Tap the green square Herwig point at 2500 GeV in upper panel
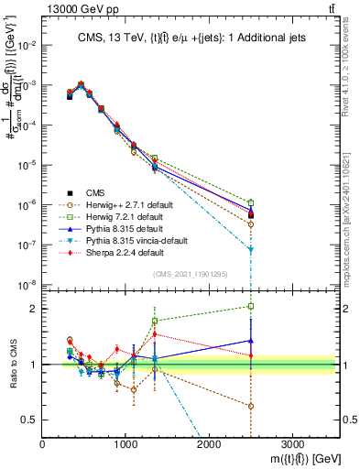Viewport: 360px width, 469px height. point(251,202)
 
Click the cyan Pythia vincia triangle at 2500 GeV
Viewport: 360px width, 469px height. point(251,249)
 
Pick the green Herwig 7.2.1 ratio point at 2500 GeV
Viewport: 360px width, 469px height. point(251,306)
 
